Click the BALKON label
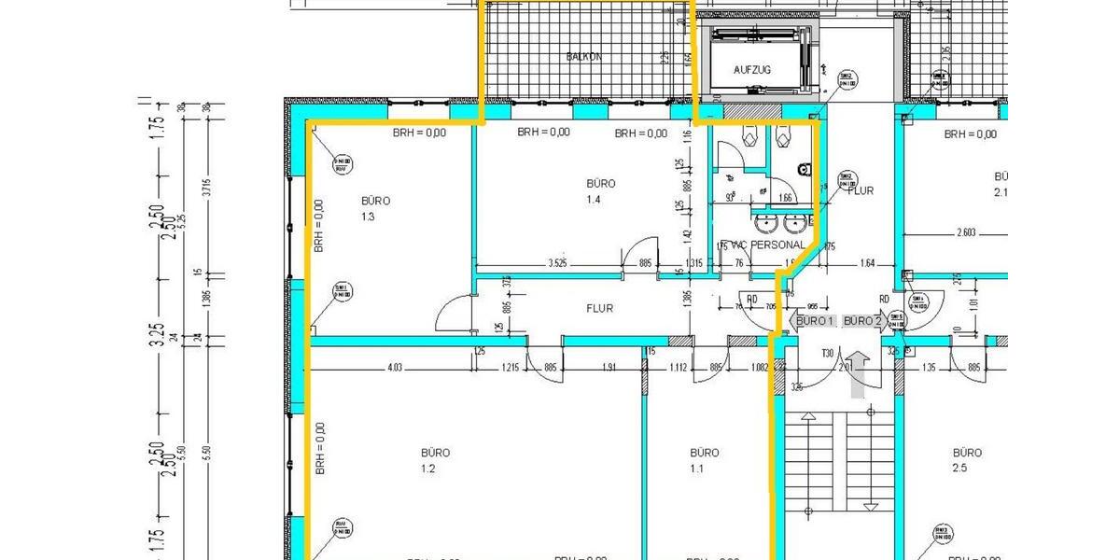click(x=584, y=56)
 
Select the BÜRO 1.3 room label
click(x=375, y=208)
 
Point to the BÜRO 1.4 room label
click(x=601, y=191)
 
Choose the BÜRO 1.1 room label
click(x=704, y=460)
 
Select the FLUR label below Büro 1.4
click(x=599, y=308)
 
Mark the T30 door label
click(x=827, y=354)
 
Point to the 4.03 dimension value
click(x=396, y=368)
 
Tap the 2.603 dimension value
click(x=971, y=232)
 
